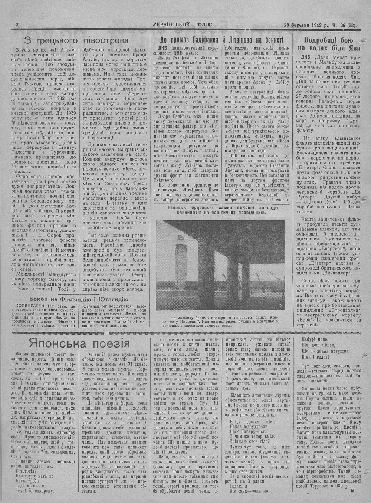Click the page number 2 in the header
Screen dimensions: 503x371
point(17,24)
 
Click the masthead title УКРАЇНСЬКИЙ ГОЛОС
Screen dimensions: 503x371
point(183,24)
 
